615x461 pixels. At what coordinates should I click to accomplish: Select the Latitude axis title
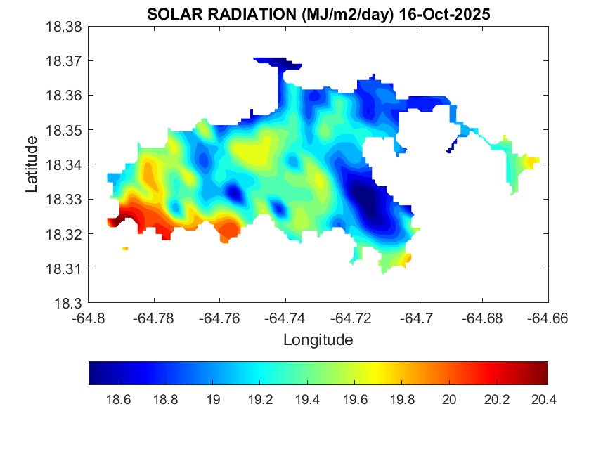pos(32,165)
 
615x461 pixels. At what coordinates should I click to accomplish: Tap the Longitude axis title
pos(318,340)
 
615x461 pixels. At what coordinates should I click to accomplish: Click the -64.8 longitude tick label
pos(89,318)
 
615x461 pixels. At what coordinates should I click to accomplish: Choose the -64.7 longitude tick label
pos(417,318)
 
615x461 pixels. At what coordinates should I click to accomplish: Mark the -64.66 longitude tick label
pos(548,318)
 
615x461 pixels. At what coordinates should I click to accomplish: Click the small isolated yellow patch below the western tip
pos(125,248)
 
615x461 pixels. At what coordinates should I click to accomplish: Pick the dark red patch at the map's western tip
pos(114,222)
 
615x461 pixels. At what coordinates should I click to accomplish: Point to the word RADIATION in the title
pos(240,14)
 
